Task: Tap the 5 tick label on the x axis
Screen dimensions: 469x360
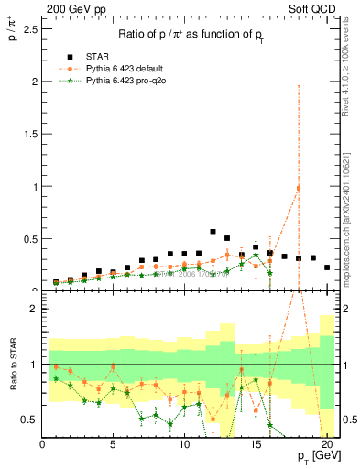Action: pos(113,445)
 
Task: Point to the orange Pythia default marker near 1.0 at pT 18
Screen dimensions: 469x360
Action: pos(298,189)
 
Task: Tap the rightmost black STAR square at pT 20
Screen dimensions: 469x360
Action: pos(326,267)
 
